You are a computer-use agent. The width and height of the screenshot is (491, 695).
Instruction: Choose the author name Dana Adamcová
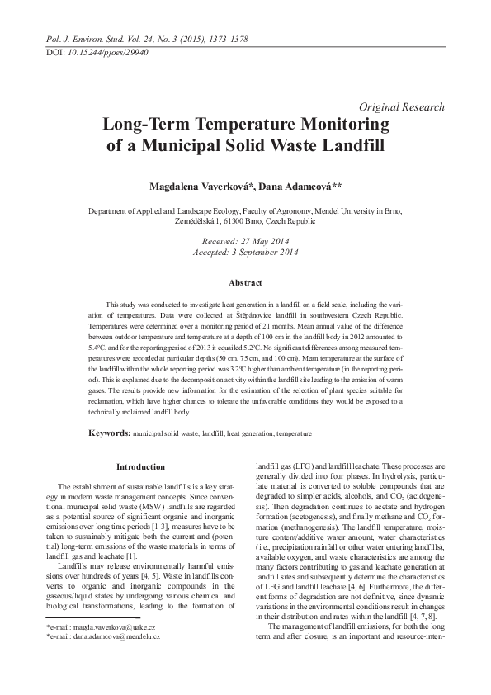[x=276, y=187]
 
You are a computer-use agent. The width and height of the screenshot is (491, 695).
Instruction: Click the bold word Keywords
[x=109, y=433]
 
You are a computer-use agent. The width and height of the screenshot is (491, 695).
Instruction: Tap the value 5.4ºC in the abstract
[x=94, y=347]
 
